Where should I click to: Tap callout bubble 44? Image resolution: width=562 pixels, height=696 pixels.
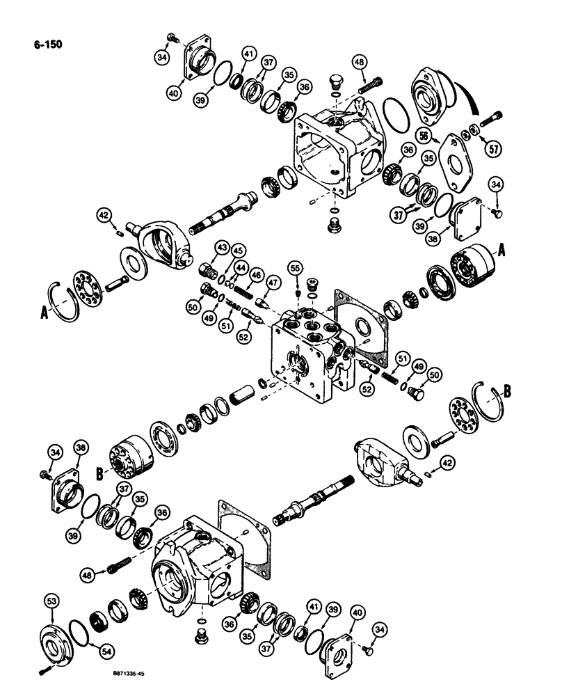[x=241, y=267]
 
